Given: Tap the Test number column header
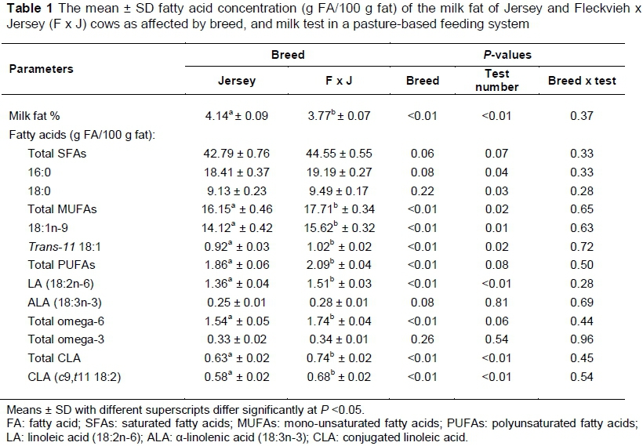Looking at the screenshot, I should coord(496,81).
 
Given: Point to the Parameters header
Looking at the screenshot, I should coord(41,69).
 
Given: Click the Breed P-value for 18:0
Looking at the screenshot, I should coord(423,188).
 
